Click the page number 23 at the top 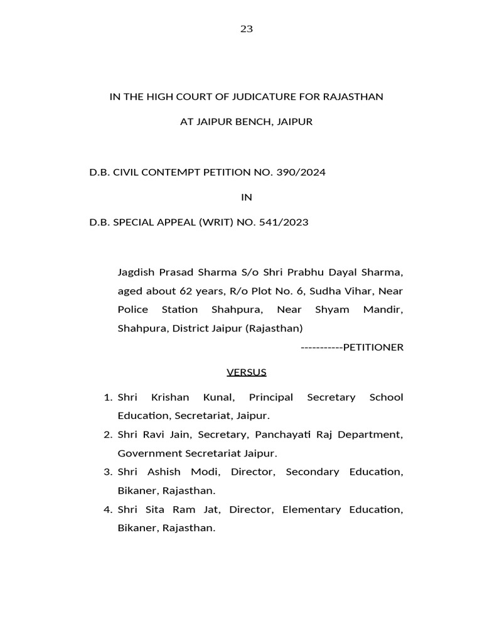click(246, 29)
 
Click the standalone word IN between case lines click(247, 197)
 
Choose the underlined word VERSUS click(247, 372)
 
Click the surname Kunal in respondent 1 click(217, 397)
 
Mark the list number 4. click(107, 509)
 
